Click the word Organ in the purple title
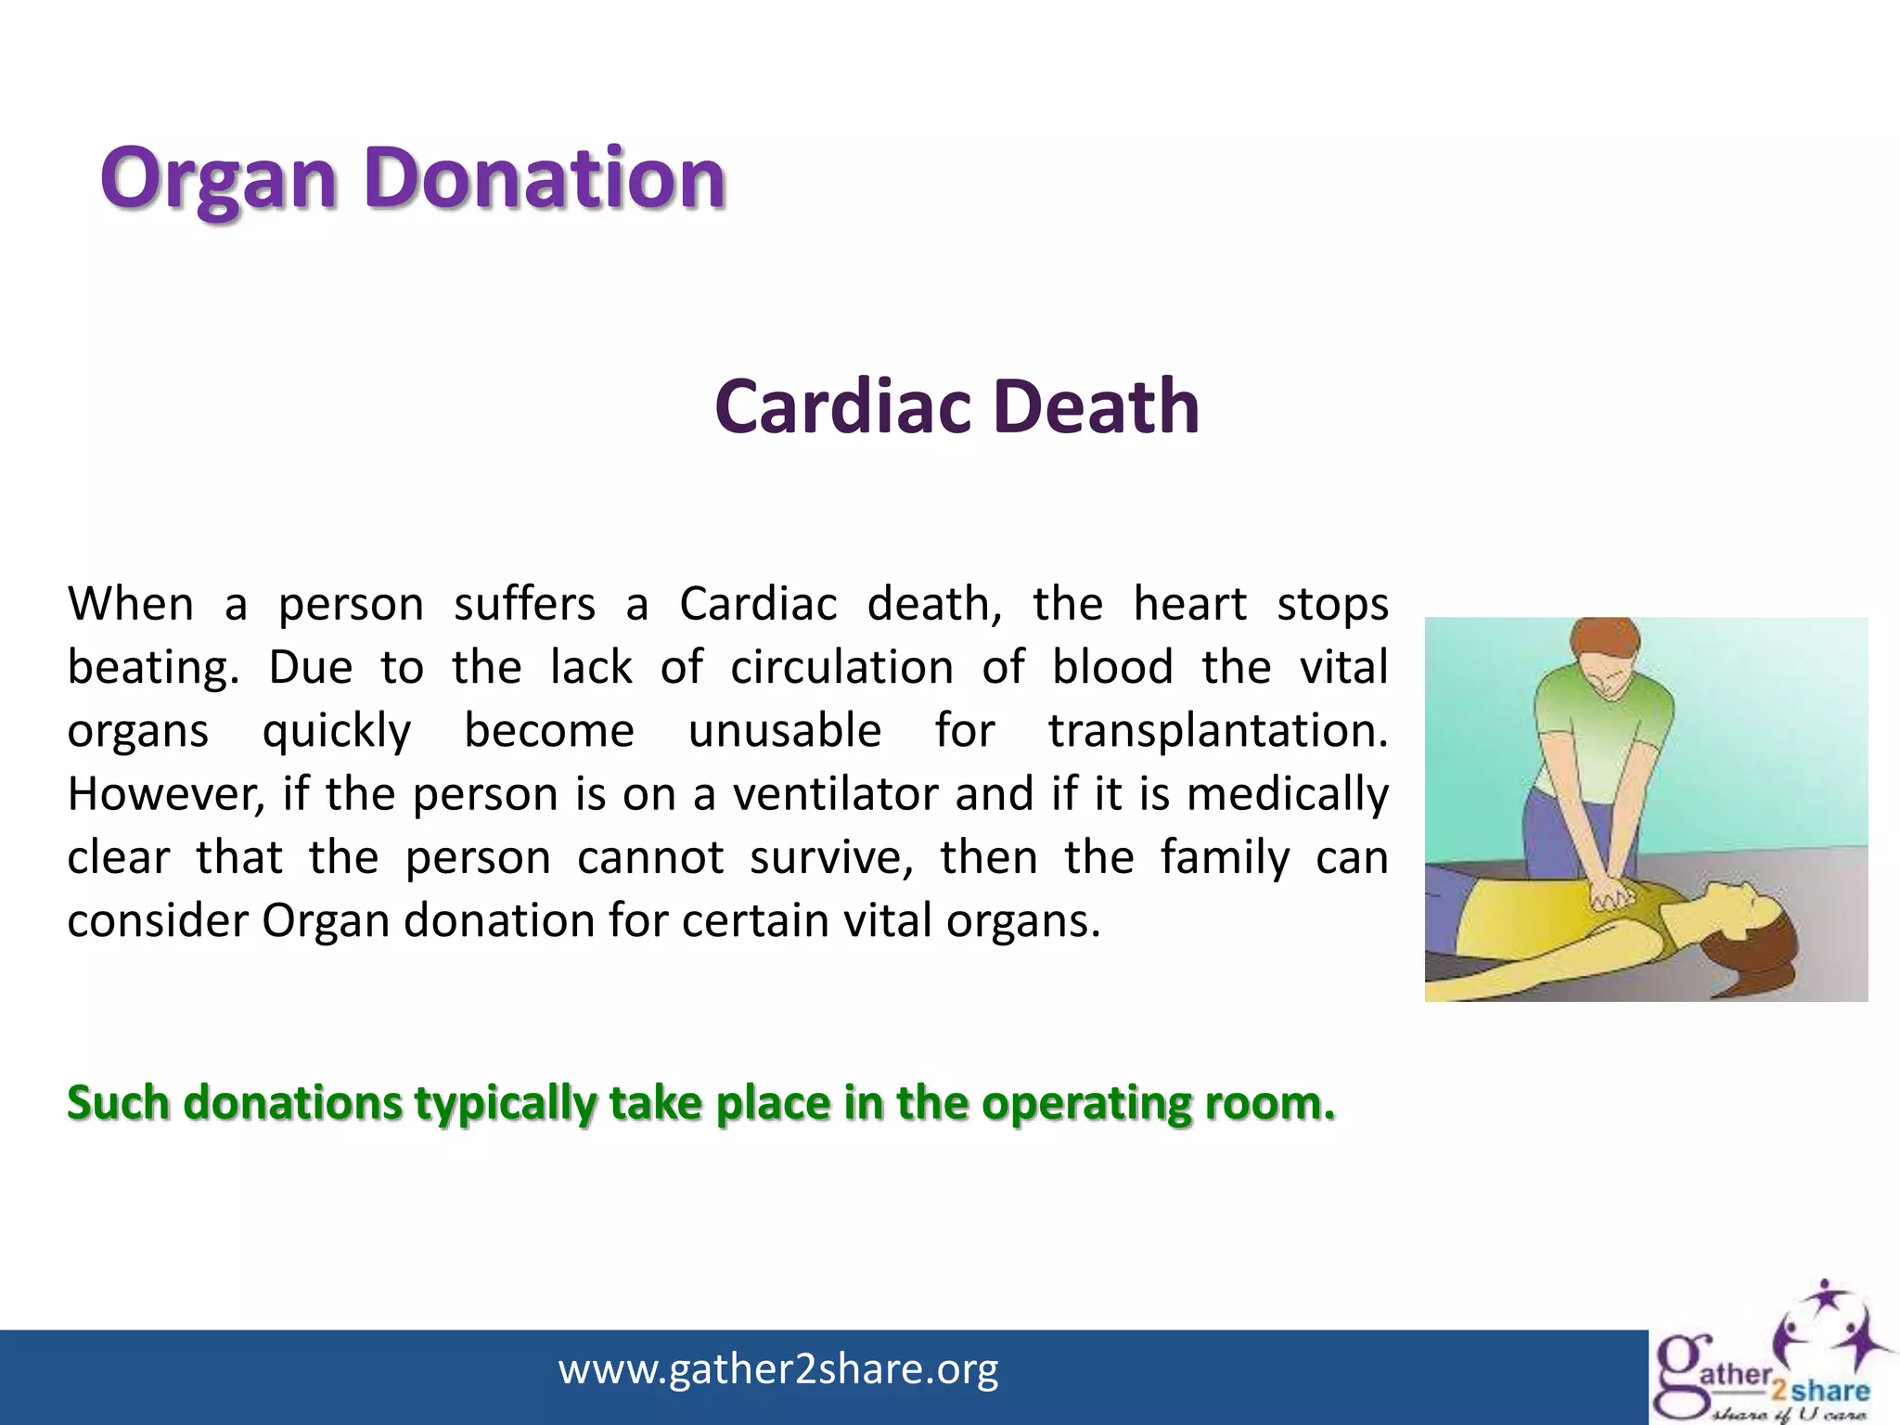(218, 179)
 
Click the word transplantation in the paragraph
(1217, 731)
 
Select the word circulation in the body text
(841, 668)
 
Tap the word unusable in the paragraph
(784, 731)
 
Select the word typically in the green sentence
(506, 1103)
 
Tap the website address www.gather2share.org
(778, 1369)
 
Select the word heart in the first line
(1189, 605)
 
